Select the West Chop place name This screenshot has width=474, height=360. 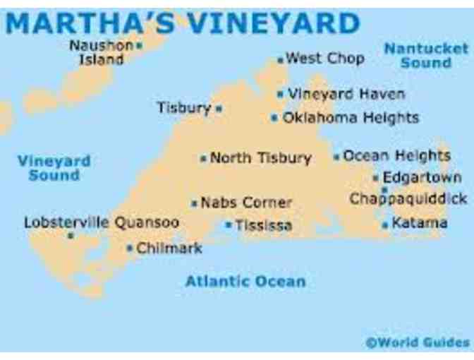(325, 59)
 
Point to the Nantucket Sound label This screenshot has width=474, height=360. (425, 55)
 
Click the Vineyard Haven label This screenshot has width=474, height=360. (346, 93)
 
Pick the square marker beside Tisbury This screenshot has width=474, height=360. (219, 109)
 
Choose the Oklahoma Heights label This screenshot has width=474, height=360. (351, 118)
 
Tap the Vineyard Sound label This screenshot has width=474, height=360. (54, 167)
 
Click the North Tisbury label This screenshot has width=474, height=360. (260, 158)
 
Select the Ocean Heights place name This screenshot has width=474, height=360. (396, 155)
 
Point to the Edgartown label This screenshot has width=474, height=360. (422, 177)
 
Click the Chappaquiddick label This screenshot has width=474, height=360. (408, 198)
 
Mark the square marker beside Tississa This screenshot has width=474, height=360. (229, 225)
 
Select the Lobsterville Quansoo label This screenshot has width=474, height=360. (102, 222)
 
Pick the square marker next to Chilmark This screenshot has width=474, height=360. (130, 248)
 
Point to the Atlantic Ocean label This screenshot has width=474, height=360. (245, 281)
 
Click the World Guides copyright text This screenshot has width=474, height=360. (417, 343)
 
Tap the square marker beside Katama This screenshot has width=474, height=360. (385, 225)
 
